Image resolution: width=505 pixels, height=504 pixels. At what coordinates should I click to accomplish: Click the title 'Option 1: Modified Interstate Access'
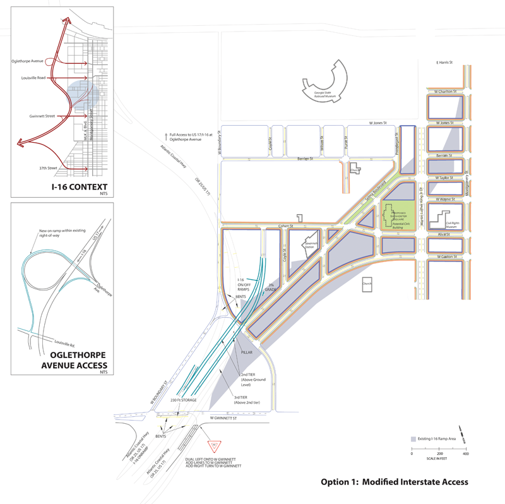[394, 482]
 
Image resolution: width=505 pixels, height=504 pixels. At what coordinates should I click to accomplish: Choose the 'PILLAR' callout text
[246, 353]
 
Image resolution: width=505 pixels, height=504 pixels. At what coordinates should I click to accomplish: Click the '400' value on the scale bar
[465, 454]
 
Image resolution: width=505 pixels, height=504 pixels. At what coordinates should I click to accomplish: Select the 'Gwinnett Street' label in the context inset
[42, 116]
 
